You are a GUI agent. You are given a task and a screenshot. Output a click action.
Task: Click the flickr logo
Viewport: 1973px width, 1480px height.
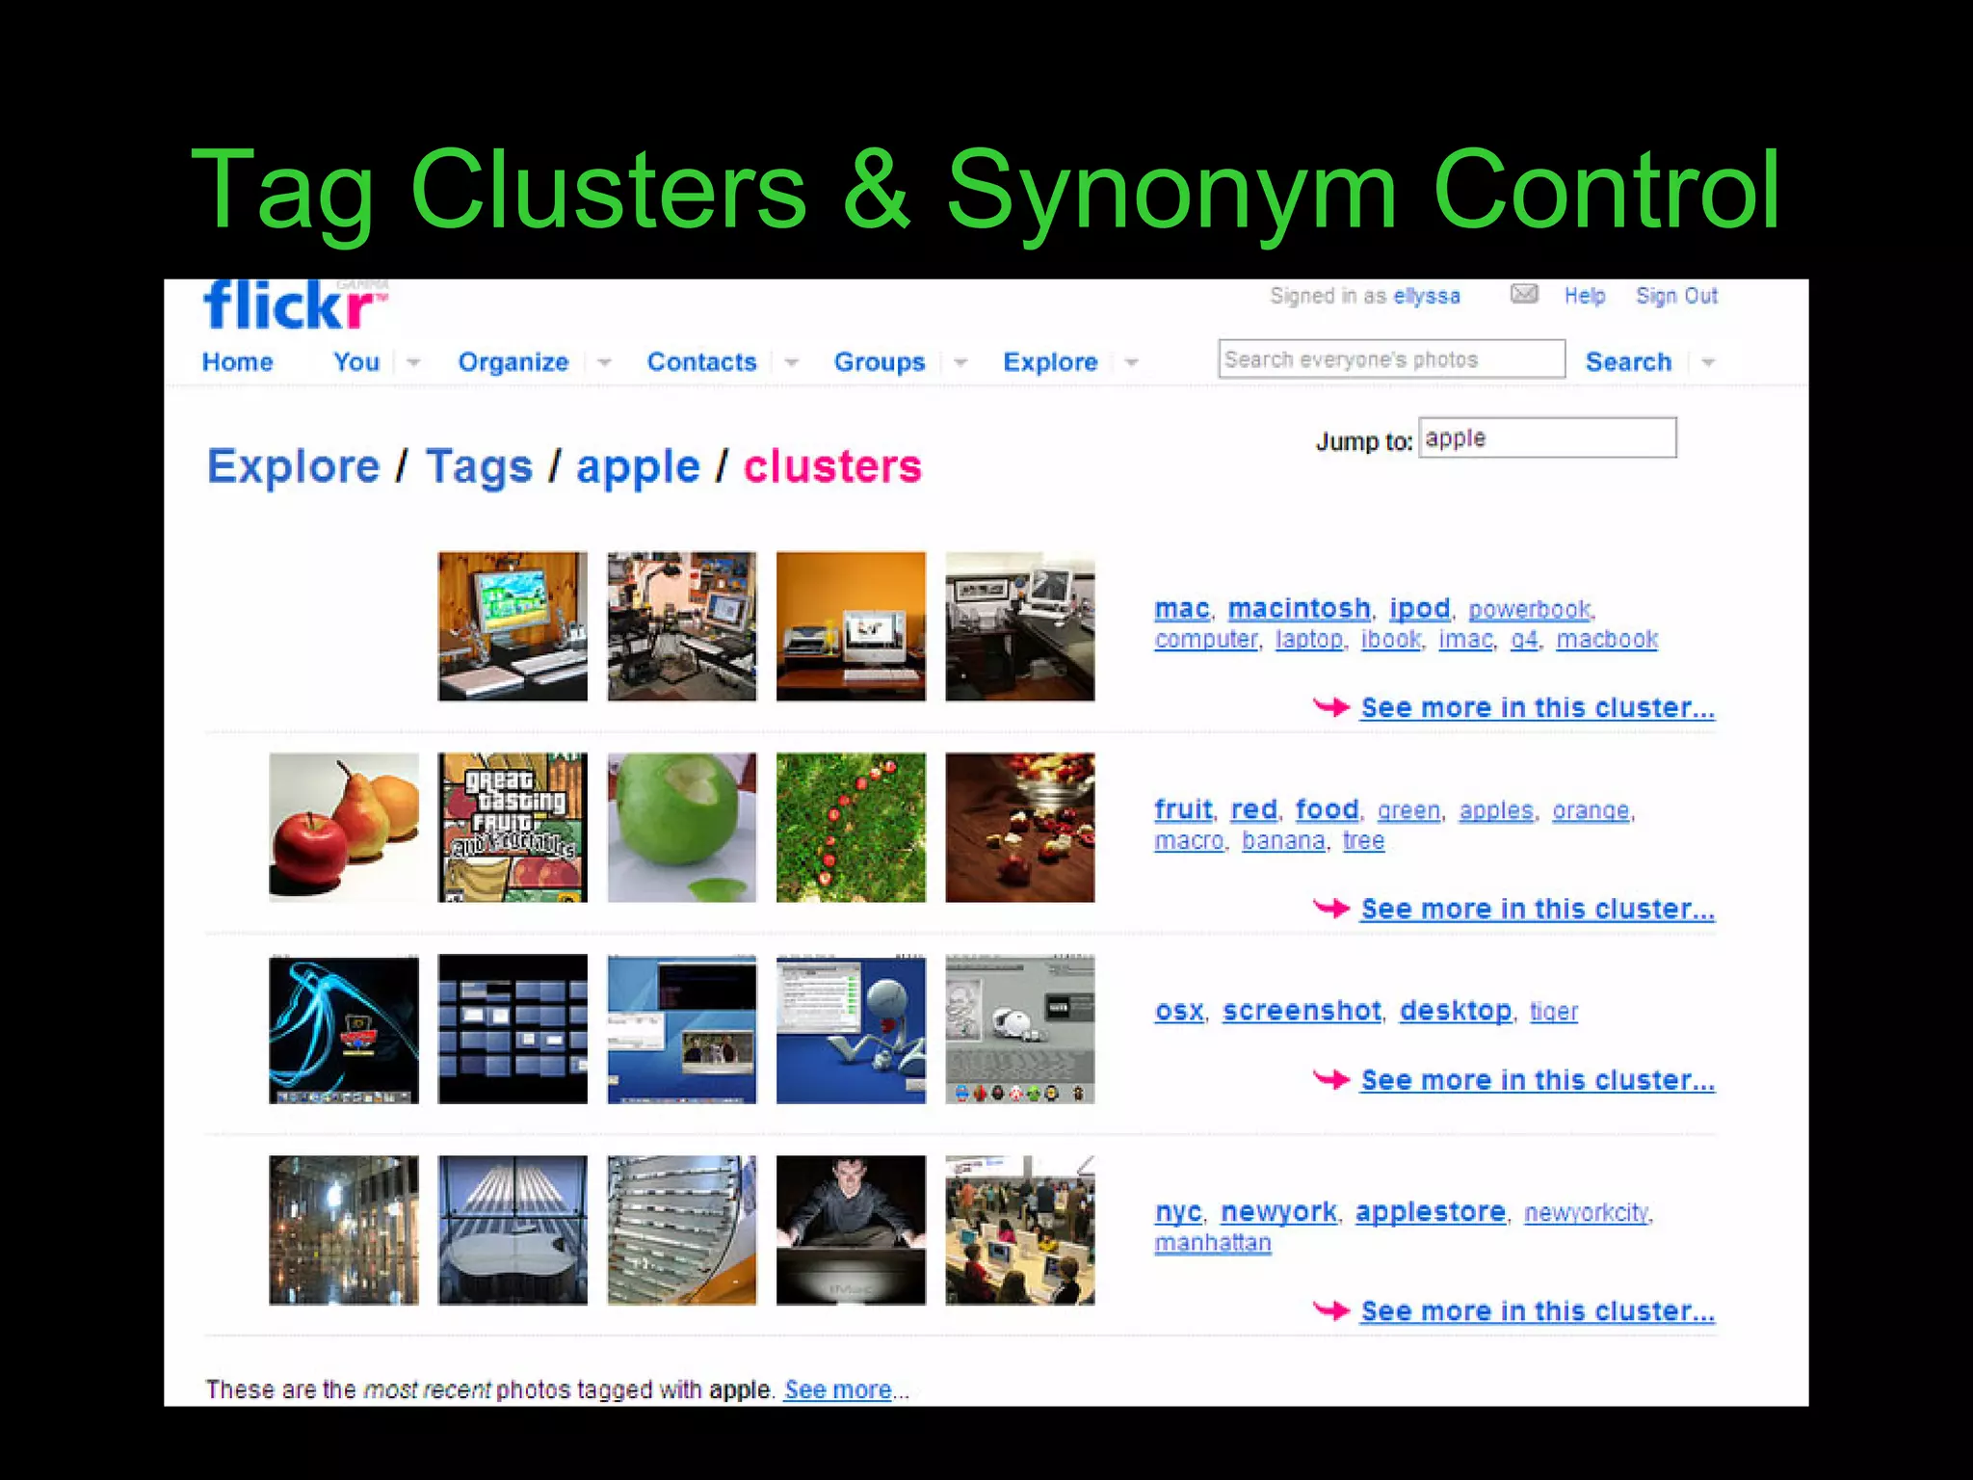[289, 307]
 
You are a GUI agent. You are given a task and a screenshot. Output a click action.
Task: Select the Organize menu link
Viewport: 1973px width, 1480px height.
[513, 362]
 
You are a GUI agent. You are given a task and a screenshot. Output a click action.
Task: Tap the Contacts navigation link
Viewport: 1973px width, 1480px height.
[701, 362]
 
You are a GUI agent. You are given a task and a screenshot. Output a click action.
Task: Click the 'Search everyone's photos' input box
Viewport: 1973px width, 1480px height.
[1390, 359]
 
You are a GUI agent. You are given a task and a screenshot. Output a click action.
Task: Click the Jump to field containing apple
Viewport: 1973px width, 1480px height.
[1547, 438]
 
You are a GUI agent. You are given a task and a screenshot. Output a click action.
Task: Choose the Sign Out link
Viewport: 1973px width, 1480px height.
[1676, 296]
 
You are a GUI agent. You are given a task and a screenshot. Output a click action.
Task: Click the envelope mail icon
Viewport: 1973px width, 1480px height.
[1524, 294]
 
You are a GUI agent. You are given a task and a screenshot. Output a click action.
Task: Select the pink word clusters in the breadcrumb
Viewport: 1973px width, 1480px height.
[832, 467]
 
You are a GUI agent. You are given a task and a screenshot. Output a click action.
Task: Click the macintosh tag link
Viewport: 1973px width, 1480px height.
[1299, 609]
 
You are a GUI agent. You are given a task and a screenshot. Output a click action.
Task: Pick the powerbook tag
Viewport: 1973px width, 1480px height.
[1530, 610]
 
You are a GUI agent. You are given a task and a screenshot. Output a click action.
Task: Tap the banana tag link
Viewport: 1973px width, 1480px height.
[1283, 841]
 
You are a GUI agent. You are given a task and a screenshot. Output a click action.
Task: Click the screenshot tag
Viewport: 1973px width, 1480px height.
[1302, 1011]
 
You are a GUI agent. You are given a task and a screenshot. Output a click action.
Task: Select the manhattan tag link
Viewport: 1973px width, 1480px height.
[1213, 1243]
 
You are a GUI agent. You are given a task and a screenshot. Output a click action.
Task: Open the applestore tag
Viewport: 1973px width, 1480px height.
[1430, 1212]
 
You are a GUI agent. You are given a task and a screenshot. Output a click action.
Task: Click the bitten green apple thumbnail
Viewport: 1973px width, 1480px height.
[682, 828]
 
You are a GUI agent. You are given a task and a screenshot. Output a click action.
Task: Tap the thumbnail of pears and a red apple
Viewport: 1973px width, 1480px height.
[344, 828]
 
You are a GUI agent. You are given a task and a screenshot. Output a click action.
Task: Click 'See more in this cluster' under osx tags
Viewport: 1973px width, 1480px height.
[1538, 1081]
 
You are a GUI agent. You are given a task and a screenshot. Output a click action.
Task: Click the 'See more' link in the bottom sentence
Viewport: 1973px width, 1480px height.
[837, 1389]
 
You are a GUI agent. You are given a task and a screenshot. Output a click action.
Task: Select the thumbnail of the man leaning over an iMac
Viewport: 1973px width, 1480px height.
[851, 1230]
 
